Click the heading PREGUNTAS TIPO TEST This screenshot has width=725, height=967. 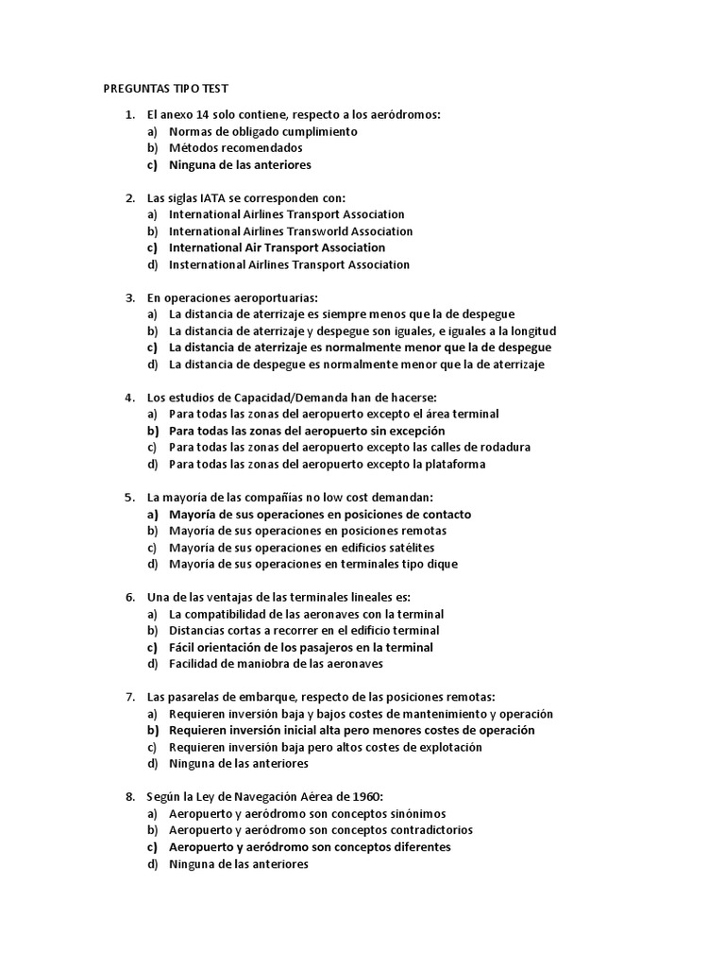(x=159, y=90)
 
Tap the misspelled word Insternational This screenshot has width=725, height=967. (x=208, y=265)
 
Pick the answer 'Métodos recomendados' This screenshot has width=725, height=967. (x=235, y=148)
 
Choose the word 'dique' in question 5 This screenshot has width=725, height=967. (x=441, y=565)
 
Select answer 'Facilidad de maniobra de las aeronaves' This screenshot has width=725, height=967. (x=276, y=664)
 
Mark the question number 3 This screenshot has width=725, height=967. (x=129, y=298)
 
